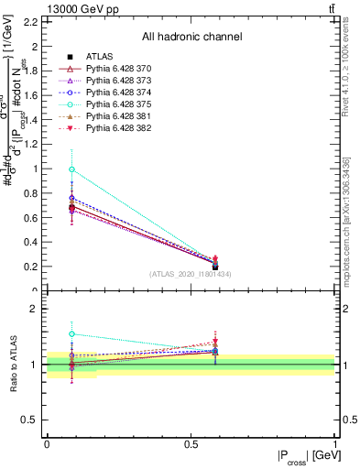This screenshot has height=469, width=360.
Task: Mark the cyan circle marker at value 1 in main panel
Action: coord(72,169)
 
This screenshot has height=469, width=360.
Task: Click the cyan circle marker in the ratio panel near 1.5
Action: coord(72,334)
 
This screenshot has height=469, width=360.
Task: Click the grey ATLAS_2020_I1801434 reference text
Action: coord(191,274)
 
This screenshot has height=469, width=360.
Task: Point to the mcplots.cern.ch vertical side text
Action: coord(348,224)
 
